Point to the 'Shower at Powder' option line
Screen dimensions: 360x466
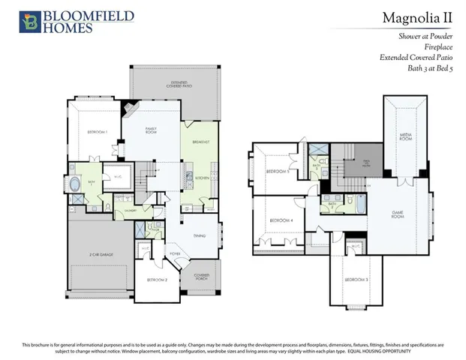point(430,35)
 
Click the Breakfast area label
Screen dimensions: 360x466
point(200,142)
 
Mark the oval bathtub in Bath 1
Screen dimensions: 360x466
point(77,184)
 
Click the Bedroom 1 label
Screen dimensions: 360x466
point(97,132)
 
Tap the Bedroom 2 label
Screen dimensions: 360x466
point(156,280)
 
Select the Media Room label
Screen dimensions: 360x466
point(405,137)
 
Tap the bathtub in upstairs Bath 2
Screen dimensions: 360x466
point(357,202)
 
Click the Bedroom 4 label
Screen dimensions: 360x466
point(281,220)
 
